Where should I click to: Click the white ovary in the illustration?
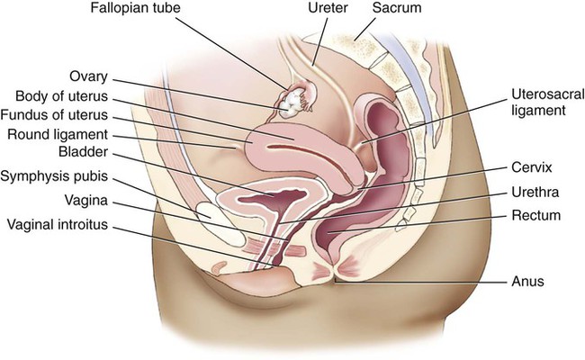[292, 103]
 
